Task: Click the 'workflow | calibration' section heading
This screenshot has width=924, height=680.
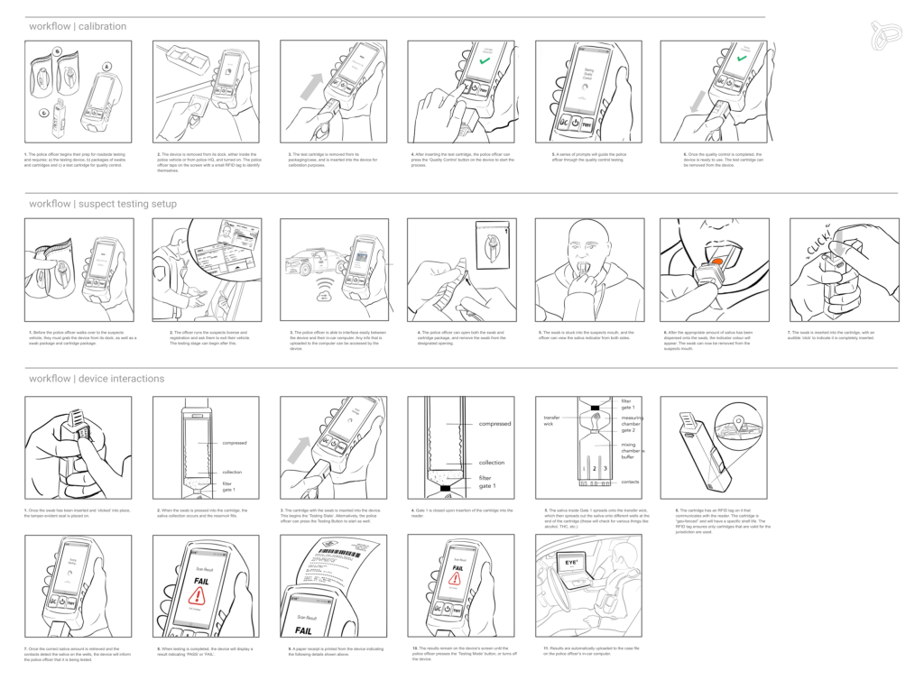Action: (77, 26)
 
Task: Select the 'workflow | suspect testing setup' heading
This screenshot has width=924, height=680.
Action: (102, 204)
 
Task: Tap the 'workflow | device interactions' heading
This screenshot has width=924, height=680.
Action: (96, 378)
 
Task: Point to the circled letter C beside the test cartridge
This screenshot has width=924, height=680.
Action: (42, 114)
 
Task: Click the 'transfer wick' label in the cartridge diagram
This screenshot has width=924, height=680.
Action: (552, 421)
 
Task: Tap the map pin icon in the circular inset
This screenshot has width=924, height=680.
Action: (736, 420)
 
